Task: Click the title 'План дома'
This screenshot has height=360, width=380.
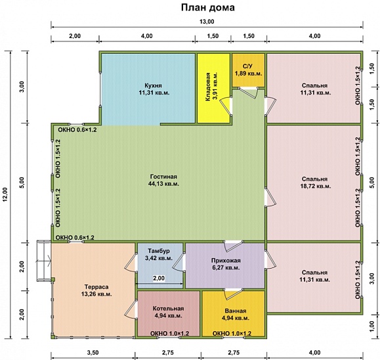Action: [207, 7]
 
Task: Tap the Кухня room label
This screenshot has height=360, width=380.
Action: [154, 89]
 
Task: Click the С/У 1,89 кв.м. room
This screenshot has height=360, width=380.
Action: [248, 70]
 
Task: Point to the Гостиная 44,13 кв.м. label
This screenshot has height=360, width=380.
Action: [163, 180]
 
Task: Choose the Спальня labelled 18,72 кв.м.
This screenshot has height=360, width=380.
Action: [315, 183]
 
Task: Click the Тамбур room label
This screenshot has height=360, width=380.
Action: [159, 254]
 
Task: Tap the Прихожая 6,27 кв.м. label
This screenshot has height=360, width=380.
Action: [226, 264]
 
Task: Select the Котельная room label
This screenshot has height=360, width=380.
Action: [169, 312]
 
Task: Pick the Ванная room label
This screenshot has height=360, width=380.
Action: [236, 315]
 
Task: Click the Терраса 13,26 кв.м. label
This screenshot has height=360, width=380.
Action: [96, 290]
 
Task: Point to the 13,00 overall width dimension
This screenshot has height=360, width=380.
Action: [207, 22]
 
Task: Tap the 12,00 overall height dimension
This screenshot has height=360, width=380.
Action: [5, 194]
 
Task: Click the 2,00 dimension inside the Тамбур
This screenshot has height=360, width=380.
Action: [159, 278]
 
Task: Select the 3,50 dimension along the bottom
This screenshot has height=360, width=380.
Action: [93, 353]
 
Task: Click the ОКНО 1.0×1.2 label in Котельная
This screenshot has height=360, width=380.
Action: [169, 334]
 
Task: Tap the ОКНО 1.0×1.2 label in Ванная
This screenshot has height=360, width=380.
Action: [232, 334]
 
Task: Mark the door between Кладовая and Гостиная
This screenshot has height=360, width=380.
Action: [226, 106]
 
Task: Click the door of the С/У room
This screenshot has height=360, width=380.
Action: [249, 93]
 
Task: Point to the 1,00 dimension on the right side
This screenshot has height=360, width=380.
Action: [373, 326]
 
